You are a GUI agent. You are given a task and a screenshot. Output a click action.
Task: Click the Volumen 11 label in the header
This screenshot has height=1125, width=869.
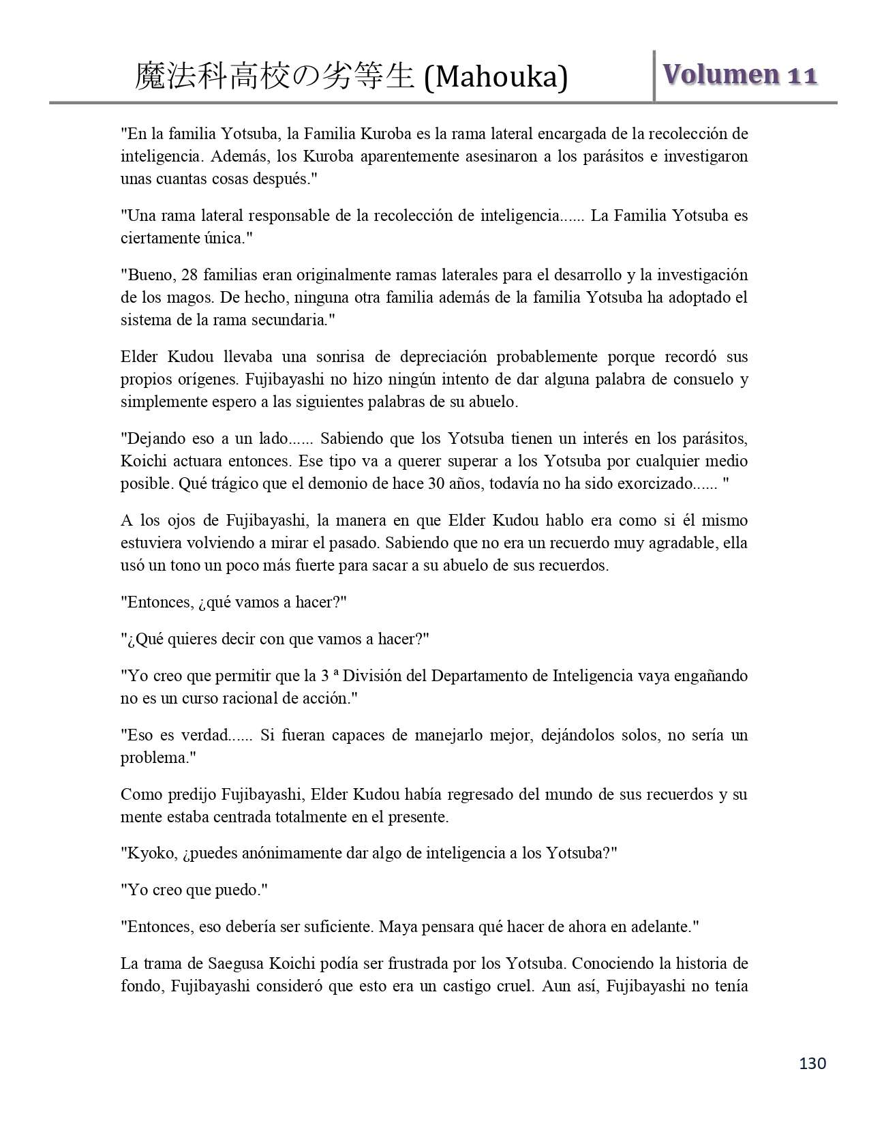coord(739,74)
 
